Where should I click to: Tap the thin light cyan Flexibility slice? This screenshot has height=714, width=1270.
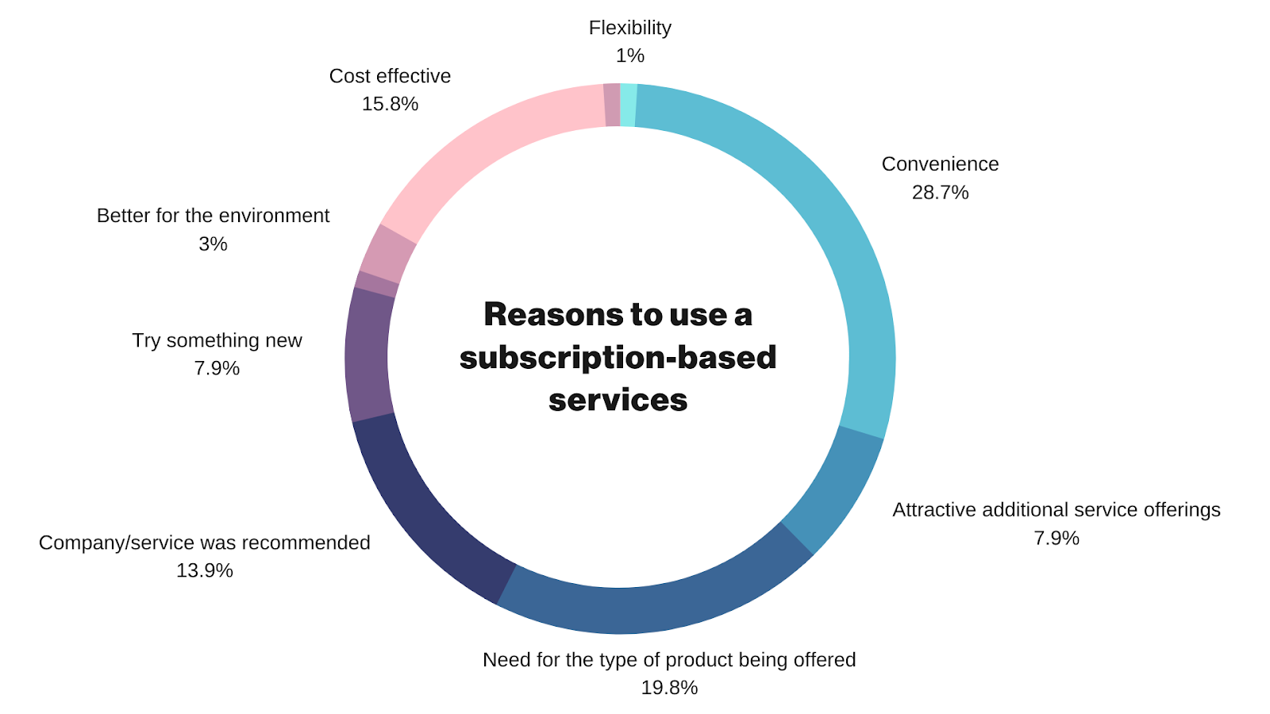[x=628, y=105]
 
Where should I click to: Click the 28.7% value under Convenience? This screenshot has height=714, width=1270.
[x=940, y=193]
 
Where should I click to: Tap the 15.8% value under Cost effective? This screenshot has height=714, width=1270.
[x=390, y=104]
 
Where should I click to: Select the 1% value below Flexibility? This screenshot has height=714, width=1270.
[x=630, y=56]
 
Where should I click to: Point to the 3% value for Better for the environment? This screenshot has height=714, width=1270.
[x=213, y=244]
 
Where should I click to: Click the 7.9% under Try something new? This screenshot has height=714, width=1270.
[x=217, y=368]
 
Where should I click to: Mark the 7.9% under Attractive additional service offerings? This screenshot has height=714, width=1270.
[x=1056, y=538]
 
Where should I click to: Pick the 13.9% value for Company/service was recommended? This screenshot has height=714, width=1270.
[x=204, y=570]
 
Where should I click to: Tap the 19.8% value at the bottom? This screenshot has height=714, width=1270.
[x=669, y=688]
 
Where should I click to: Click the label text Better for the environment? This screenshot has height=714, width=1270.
[x=213, y=216]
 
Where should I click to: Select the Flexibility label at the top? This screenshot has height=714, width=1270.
[x=630, y=28]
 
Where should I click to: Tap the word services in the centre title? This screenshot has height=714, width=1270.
[x=618, y=400]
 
